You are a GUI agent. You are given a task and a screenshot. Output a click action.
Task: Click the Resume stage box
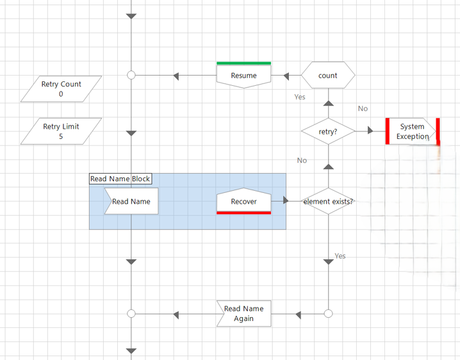coord(243,76)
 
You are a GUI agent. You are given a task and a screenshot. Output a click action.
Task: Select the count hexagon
coord(327,76)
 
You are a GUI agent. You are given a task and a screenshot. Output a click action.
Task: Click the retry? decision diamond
coord(327,131)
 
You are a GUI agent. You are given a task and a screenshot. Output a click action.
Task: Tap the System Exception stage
coord(412,131)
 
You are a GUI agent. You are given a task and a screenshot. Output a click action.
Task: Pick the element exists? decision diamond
coord(327,201)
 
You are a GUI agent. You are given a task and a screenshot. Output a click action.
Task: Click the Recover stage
coord(243,201)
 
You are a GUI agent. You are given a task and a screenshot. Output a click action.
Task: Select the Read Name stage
coord(131,201)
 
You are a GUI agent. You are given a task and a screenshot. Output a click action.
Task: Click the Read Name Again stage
coord(243,314)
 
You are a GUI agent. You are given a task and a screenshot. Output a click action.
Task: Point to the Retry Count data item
coord(61,89)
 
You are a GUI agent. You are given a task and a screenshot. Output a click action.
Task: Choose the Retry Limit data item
coord(61,131)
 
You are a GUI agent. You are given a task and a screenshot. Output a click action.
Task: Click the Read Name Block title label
coord(120,179)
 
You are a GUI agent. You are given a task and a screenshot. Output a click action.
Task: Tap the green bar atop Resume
coord(243,63)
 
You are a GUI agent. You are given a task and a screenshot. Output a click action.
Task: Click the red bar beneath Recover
coord(243,213)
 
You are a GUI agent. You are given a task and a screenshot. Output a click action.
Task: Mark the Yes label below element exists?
coord(340,256)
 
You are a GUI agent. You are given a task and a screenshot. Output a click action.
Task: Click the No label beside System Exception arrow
coord(363,109)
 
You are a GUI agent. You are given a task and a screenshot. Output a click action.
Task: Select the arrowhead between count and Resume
coord(286,76)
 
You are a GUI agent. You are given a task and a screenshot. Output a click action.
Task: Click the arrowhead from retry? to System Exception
coord(371,131)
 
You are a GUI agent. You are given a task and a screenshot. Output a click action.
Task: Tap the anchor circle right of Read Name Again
coord(328,314)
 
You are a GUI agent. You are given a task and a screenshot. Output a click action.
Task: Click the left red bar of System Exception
coord(388,131)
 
